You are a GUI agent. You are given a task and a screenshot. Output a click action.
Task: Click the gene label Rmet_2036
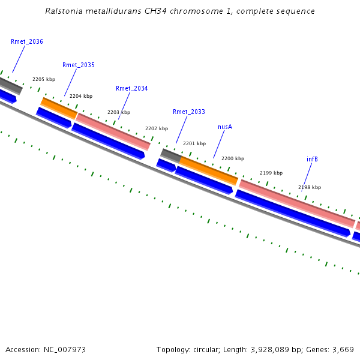tap(27, 42)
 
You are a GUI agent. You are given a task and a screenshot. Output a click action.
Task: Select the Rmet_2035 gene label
tap(79, 65)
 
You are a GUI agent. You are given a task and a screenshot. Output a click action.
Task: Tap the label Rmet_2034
tap(131, 88)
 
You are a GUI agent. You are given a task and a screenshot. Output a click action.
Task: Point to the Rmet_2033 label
tap(189, 112)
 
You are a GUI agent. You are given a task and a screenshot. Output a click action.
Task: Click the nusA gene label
tap(225, 127)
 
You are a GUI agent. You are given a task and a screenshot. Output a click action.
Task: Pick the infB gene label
tap(312, 159)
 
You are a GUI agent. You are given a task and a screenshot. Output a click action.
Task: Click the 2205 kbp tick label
tap(44, 79)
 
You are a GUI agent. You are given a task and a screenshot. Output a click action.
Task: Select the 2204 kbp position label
tap(81, 96)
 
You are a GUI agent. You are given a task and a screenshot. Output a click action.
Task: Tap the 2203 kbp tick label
tap(119, 112)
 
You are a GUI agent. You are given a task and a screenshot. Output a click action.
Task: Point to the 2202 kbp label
tap(157, 128)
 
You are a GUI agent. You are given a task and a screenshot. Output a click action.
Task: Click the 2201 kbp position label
tap(194, 143)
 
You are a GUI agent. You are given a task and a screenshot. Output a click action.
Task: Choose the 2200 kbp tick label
tap(233, 158)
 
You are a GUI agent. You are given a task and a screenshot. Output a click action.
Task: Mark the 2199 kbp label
tap(271, 173)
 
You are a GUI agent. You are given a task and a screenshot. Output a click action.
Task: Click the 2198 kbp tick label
tap(310, 187)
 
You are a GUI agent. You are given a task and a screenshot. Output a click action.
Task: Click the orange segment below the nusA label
tap(209, 170)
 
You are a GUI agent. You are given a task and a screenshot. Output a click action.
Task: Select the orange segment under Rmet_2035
tap(59, 107)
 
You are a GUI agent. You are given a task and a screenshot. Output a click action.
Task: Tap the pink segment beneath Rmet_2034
tap(113, 130)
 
